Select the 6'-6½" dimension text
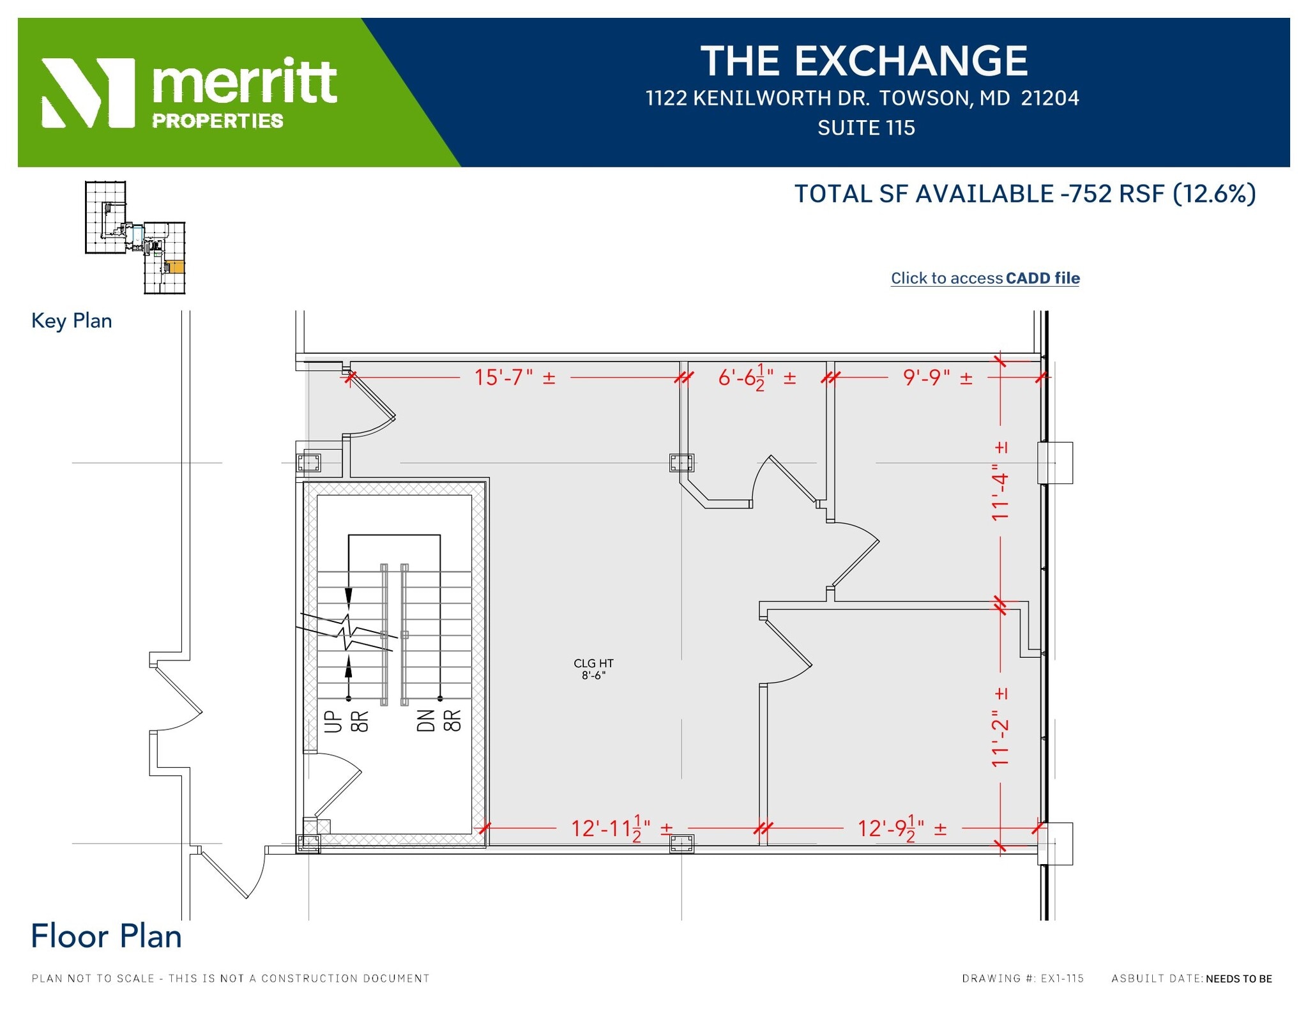[x=756, y=377]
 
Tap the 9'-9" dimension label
[x=937, y=377]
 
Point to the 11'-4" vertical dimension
[x=1000, y=481]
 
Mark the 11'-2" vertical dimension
[x=1000, y=727]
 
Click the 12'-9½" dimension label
[x=901, y=829]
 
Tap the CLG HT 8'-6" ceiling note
[x=593, y=669]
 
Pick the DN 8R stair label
[x=439, y=721]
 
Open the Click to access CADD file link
[x=985, y=278]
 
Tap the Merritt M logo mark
[x=88, y=93]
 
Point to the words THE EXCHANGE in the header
[x=864, y=61]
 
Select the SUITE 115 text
[x=866, y=128]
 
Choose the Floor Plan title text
[x=106, y=936]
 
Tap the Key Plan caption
[x=72, y=321]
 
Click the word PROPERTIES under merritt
[x=217, y=121]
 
